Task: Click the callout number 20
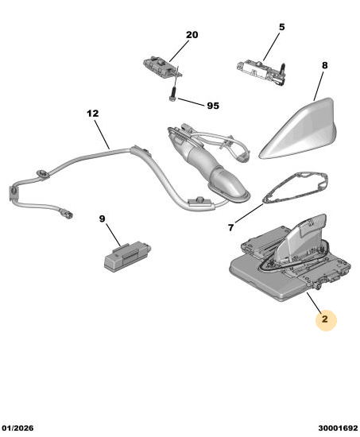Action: click(x=192, y=35)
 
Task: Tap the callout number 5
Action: click(x=282, y=27)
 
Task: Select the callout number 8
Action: click(x=324, y=65)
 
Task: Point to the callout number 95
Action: click(x=213, y=106)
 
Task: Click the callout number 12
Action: click(x=92, y=114)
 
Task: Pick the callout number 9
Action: click(x=102, y=218)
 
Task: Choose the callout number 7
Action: click(x=230, y=228)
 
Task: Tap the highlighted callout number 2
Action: click(x=325, y=319)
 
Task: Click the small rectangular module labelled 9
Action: click(x=127, y=256)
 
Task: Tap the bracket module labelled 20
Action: click(x=161, y=67)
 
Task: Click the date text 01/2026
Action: click(x=17, y=428)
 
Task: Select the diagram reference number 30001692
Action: click(x=338, y=428)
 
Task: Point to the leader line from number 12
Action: click(x=102, y=134)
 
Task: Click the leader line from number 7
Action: click(x=249, y=213)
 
